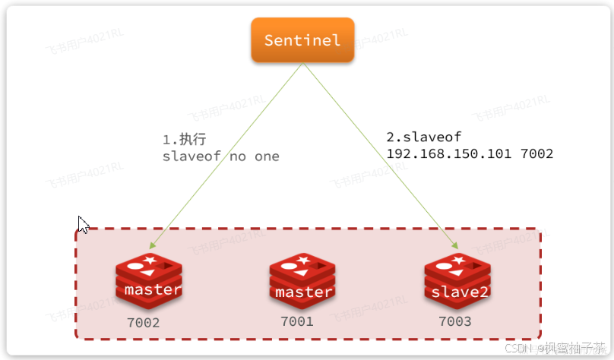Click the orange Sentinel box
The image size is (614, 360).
point(302,40)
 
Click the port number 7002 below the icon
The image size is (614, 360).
point(143,323)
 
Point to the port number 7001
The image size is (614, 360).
point(297,321)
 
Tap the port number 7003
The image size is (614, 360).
point(454,321)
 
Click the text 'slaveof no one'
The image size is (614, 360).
point(220,156)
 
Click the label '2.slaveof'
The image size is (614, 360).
point(423,137)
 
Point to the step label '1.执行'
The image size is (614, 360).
point(184,140)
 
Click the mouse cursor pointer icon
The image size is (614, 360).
point(84,224)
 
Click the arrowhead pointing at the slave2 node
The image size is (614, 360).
point(454,246)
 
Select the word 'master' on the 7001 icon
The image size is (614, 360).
point(303,292)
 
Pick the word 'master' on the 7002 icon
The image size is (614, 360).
point(152,289)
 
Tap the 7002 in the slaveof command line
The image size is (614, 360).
point(537,153)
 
